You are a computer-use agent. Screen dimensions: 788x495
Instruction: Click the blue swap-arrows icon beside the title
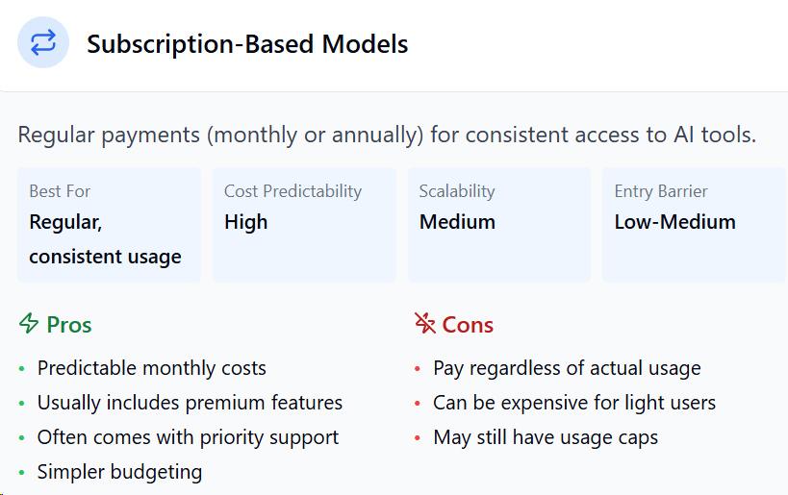[x=43, y=42]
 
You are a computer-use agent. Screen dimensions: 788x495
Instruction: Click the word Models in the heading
[x=365, y=44]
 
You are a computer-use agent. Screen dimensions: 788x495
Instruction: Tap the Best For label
[x=60, y=191]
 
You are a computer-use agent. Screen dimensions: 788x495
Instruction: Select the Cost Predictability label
[x=293, y=191]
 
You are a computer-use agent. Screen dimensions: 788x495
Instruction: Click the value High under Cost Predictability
[x=245, y=222]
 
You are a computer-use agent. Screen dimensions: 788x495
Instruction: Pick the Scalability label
[x=457, y=191]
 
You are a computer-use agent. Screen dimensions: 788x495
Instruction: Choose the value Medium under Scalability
[x=457, y=222]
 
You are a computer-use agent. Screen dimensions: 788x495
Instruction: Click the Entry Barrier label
[x=661, y=191]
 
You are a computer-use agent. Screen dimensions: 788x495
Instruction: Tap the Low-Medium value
[x=674, y=222]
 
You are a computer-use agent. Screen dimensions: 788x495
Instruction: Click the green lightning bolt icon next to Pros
[x=29, y=323]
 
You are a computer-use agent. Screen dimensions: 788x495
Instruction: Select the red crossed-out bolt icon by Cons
[x=425, y=323]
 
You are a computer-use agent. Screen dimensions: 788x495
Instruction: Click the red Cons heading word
[x=468, y=325]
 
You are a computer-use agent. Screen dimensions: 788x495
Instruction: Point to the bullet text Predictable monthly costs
[x=152, y=368]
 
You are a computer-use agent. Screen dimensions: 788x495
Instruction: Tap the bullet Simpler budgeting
[x=119, y=472]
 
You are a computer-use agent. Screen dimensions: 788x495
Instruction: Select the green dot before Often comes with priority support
[x=21, y=437]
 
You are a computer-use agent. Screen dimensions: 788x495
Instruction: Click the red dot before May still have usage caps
[x=418, y=437]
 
